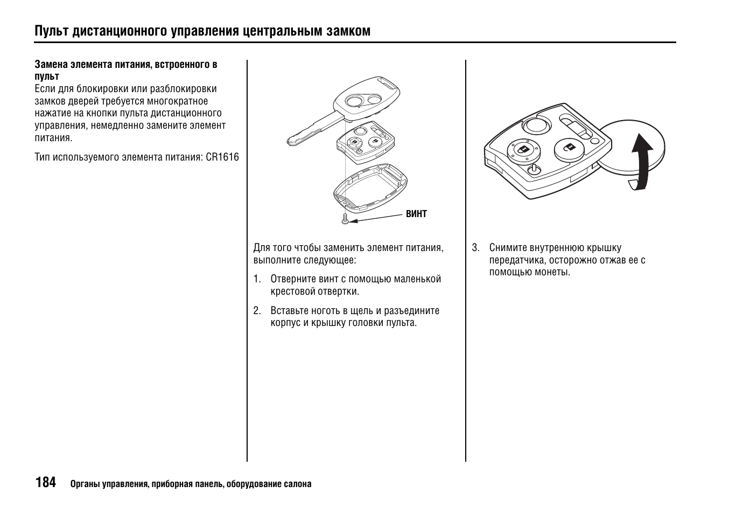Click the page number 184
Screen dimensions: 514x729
point(45,482)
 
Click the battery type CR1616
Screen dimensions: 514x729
point(222,157)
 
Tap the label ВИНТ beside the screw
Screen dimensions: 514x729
point(416,214)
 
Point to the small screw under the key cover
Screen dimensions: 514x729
point(345,220)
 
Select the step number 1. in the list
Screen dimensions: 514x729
point(257,279)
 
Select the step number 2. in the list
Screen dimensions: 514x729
point(257,311)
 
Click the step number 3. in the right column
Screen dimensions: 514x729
point(475,248)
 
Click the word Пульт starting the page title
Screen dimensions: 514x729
point(52,31)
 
